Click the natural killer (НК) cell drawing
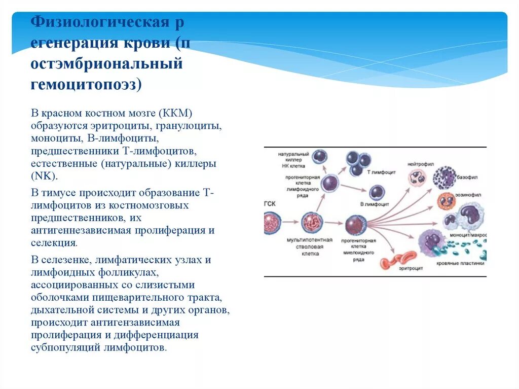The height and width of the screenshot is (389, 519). pos(319,157)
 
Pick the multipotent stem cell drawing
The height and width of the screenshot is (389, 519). pos(312,223)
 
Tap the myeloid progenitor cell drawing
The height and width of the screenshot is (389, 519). pos(356,225)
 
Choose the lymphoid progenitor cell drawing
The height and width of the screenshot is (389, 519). pos(330,183)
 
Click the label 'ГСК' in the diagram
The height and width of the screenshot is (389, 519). pos(270,202)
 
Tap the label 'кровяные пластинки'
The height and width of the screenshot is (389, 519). pos(461,263)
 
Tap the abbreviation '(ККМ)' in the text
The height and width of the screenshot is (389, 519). pos(175,112)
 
